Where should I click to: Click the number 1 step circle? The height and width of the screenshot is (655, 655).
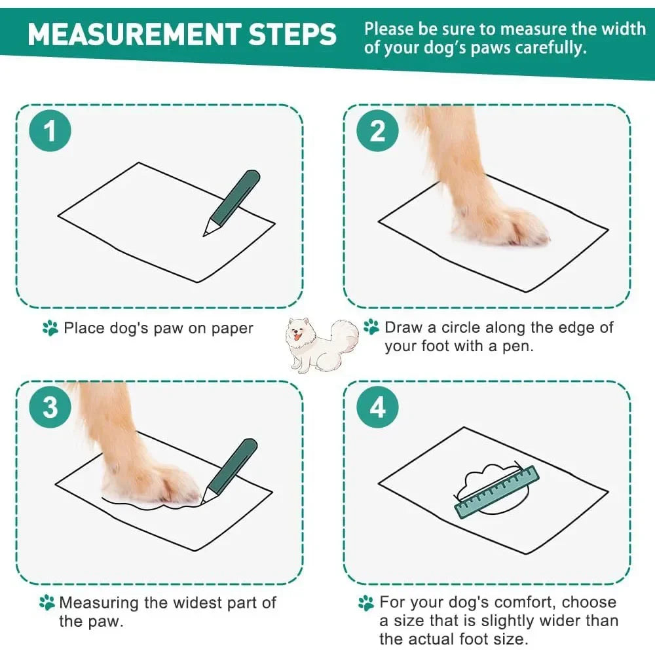(50, 131)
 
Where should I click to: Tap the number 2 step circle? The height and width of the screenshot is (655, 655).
(378, 131)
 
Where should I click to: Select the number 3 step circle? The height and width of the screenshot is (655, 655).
(50, 407)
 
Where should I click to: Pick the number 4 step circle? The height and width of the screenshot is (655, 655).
(378, 407)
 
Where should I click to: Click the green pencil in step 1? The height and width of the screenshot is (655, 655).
(232, 202)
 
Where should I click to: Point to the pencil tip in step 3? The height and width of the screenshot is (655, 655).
(202, 502)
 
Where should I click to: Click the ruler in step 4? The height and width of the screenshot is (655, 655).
(496, 492)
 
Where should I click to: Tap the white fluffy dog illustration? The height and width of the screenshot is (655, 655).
(322, 345)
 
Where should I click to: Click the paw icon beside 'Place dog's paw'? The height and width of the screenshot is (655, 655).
(50, 328)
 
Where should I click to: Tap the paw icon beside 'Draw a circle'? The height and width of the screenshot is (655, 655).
(371, 327)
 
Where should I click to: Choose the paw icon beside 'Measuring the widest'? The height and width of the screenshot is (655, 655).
(47, 603)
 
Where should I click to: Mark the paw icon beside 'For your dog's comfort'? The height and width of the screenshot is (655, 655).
(366, 603)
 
